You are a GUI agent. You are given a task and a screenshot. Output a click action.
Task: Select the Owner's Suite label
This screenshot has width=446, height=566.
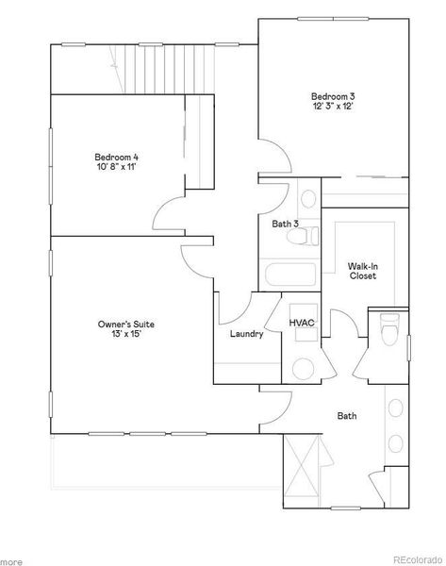(x=125, y=325)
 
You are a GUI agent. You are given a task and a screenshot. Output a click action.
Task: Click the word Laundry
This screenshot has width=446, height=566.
(x=245, y=334)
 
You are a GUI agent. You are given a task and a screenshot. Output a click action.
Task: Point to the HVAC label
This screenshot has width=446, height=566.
(x=302, y=323)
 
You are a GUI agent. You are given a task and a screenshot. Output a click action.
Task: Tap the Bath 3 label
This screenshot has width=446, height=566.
(x=285, y=224)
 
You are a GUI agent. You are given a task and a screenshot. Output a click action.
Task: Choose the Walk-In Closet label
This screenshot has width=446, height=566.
(x=363, y=272)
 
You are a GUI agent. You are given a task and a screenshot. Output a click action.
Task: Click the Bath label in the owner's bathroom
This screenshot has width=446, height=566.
(x=347, y=415)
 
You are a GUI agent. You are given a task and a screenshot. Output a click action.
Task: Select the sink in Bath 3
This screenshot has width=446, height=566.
(x=307, y=201)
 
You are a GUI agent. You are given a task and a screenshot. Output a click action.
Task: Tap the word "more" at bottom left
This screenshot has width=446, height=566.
(x=12, y=560)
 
